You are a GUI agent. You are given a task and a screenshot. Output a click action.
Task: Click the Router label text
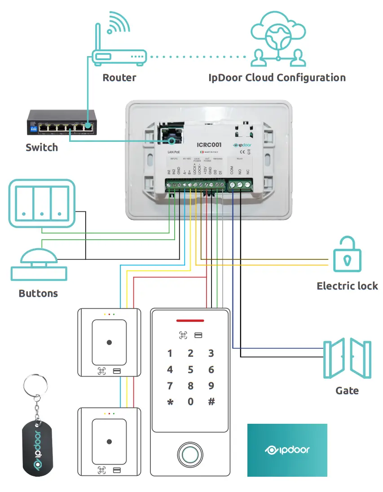(119, 78)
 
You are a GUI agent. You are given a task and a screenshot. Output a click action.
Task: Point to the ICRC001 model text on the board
(209, 145)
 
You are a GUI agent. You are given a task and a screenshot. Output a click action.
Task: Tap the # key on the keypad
(211, 402)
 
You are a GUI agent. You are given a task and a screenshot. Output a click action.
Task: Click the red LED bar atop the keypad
(190, 321)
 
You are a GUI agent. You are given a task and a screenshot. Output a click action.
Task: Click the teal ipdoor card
(287, 450)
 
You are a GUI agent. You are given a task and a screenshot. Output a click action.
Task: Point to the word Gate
(347, 391)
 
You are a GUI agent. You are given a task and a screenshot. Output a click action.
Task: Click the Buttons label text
(38, 294)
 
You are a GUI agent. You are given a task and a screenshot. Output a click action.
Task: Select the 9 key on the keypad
(211, 386)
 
